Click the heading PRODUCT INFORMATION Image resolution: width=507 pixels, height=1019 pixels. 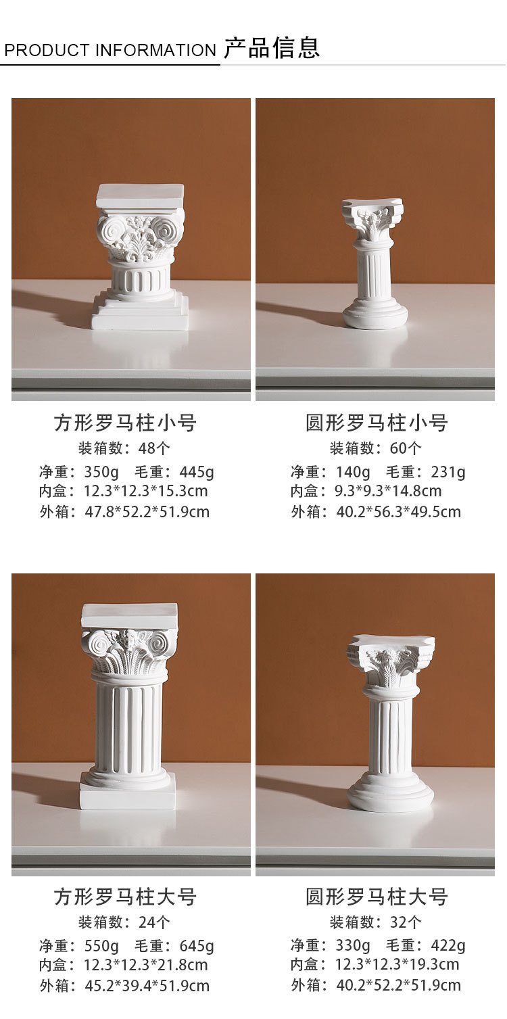pos(110,51)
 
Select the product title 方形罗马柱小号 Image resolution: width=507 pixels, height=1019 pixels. pos(125,424)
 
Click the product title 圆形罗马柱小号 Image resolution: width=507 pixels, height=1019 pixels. pos(377,424)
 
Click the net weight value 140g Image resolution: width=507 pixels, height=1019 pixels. pos(353,472)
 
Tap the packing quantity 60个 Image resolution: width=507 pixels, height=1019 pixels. pos(406,448)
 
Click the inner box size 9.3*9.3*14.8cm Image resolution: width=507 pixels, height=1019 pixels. pos(389,492)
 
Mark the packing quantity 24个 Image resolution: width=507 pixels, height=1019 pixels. pos(154,922)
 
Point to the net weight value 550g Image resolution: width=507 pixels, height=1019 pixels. pos(101,946)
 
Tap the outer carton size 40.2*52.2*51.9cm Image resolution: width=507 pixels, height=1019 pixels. pos(399,986)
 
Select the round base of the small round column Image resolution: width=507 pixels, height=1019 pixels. pos(375,316)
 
